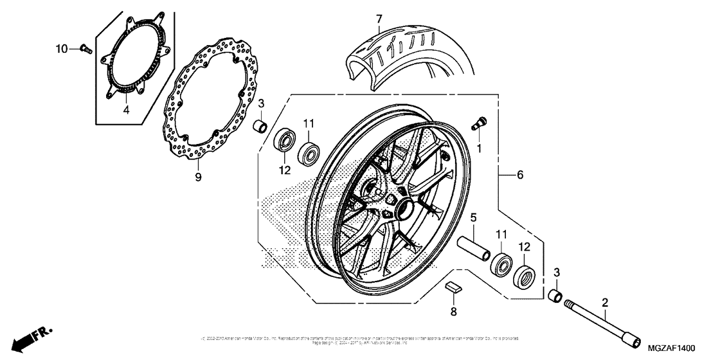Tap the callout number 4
click(x=126, y=109)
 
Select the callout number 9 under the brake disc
click(x=198, y=175)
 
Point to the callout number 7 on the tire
click(x=379, y=19)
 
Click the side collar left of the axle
click(x=556, y=296)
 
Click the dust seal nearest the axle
click(x=525, y=275)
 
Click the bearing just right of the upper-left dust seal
click(x=309, y=152)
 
